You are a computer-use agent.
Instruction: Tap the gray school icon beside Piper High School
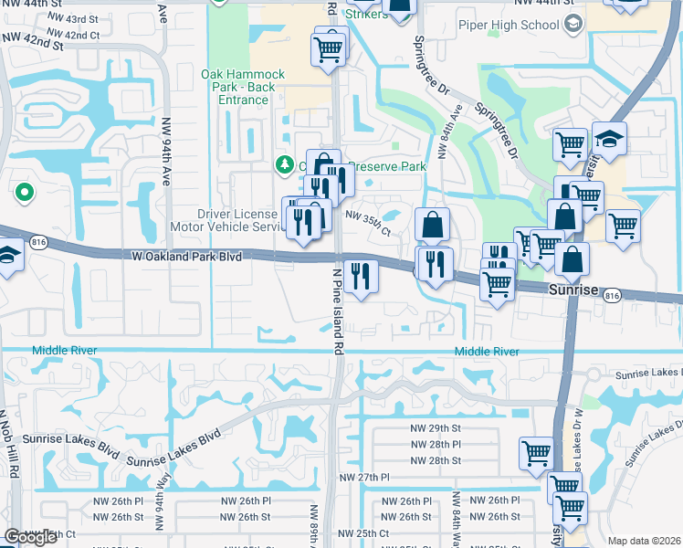(x=573, y=25)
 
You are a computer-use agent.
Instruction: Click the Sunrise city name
(x=573, y=290)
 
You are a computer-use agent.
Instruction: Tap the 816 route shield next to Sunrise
(x=612, y=294)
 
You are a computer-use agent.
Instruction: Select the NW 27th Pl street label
(x=364, y=478)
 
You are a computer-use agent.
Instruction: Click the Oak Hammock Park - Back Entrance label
(x=243, y=87)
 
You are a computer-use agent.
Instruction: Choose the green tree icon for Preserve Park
(x=284, y=164)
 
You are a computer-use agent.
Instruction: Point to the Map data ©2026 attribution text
(x=644, y=541)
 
